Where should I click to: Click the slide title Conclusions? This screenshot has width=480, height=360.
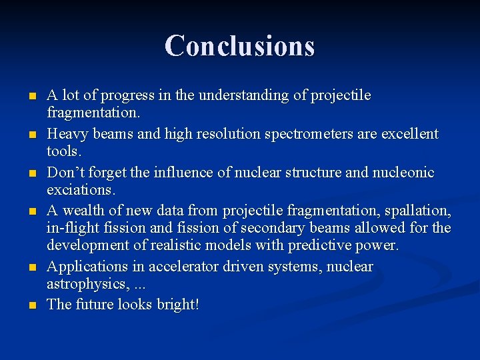[239, 45]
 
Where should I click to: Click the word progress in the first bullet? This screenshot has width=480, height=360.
[125, 95]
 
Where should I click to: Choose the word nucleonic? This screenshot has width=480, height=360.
[403, 173]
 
